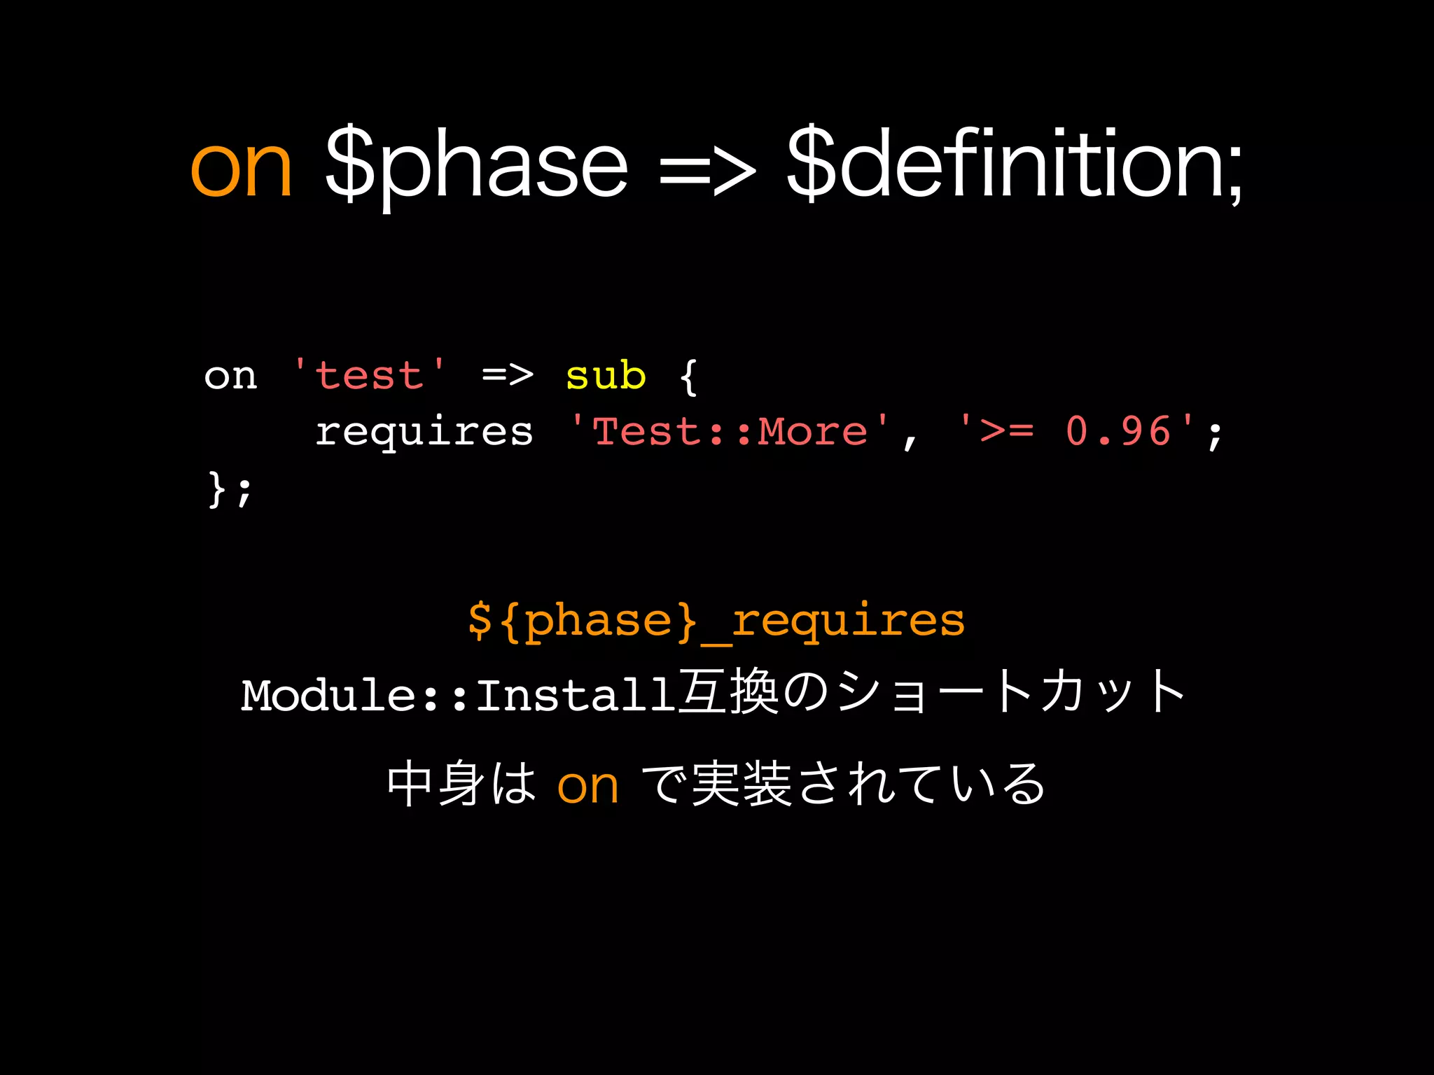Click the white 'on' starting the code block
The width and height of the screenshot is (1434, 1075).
(x=230, y=377)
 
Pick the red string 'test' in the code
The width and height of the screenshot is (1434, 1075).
(x=370, y=375)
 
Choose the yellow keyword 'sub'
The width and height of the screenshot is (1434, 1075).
(x=605, y=376)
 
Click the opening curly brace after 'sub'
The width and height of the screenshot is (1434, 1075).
(x=688, y=377)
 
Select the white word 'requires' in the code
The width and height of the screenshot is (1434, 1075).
(x=424, y=432)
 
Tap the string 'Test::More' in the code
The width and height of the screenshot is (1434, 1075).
(x=730, y=431)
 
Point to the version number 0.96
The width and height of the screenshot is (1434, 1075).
(x=1118, y=431)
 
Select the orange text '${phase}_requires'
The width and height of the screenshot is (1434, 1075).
(x=716, y=621)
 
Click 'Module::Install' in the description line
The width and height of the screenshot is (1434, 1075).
(x=459, y=696)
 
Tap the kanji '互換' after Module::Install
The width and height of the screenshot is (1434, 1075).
(x=728, y=693)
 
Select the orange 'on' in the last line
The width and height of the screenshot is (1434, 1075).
(x=587, y=787)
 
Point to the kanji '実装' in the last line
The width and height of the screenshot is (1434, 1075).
(x=741, y=784)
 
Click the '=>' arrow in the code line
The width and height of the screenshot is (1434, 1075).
(x=508, y=376)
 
